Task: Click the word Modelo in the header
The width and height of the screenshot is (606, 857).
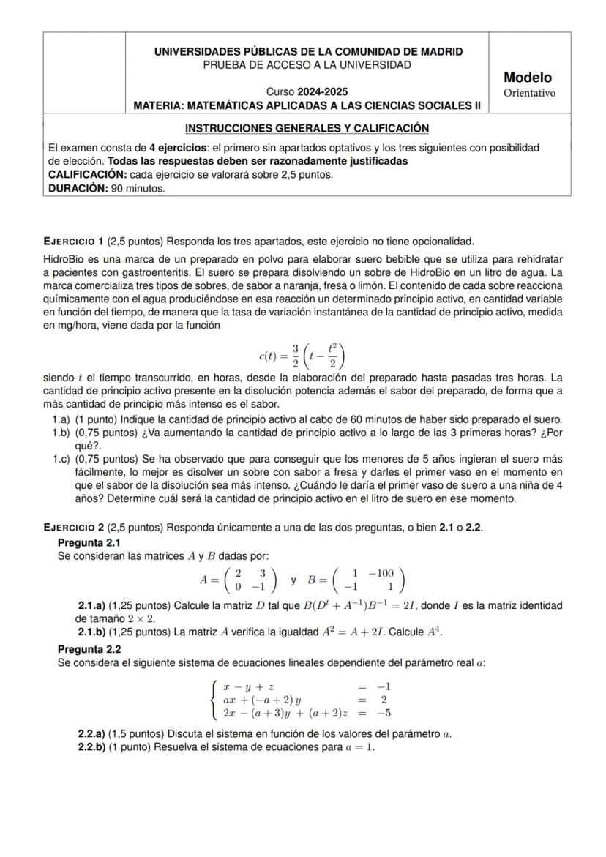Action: coord(528,78)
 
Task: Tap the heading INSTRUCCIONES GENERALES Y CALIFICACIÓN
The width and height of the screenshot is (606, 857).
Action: coord(307,128)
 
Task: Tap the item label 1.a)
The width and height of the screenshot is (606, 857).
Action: coord(61,419)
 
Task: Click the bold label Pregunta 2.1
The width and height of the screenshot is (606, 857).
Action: coord(89,542)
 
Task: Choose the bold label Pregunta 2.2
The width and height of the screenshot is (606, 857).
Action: coord(89,649)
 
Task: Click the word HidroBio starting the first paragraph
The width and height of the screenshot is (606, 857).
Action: coord(64,259)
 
